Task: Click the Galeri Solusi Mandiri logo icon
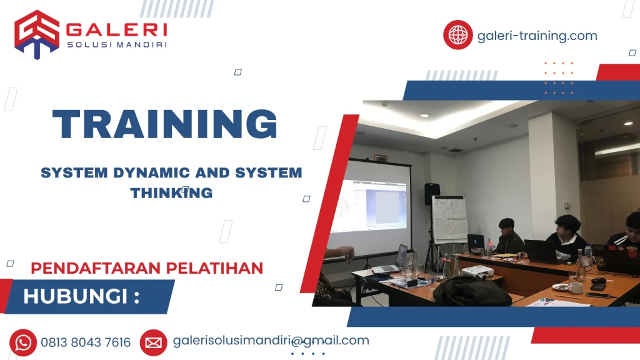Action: coord(37,34)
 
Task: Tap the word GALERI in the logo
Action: coord(116,29)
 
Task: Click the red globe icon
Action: coord(457,35)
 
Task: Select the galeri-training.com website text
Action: coord(537,36)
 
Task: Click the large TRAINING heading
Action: coord(165,124)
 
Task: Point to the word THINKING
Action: coord(171,193)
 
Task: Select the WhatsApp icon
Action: coord(23,342)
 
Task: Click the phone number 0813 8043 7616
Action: coord(86,342)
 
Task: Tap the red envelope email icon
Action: coord(153,342)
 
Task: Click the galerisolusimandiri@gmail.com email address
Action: coord(271,341)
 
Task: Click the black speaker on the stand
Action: coord(432,194)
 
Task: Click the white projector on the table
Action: coord(476,271)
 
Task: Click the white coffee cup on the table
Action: coord(576,287)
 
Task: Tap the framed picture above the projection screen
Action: coord(380,158)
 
